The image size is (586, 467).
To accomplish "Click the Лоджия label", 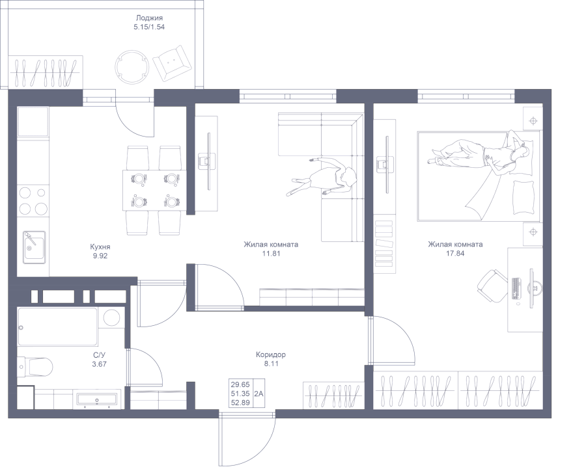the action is [x=149, y=18].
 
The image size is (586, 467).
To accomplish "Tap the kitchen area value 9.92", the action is [x=100, y=256].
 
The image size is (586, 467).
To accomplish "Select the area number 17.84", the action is [x=455, y=254].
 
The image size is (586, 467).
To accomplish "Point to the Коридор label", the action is [x=271, y=354].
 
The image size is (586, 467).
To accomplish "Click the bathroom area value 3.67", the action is [x=100, y=364].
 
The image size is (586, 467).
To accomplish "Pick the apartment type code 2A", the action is [x=258, y=394].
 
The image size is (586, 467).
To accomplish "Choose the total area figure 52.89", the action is [x=240, y=403].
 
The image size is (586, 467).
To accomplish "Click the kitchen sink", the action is [x=35, y=247].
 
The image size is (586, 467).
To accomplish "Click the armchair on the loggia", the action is [x=173, y=63].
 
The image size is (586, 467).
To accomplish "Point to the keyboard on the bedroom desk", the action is [x=516, y=288].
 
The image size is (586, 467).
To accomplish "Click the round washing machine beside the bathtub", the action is [x=112, y=318].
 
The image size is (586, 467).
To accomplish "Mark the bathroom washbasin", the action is [x=97, y=399].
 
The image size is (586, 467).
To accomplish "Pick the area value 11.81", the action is [x=272, y=254].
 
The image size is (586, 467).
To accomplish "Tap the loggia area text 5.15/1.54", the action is [x=149, y=27].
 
